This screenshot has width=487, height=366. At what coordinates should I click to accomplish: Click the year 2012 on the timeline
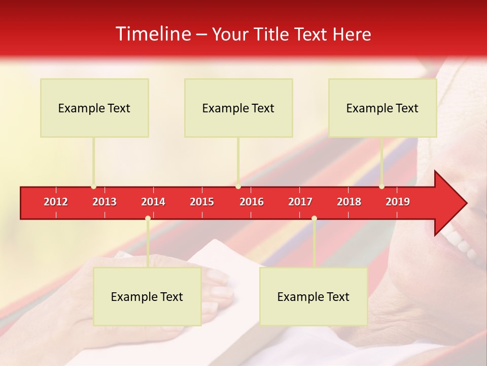[56, 202]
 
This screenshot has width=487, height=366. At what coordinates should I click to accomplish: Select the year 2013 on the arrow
[105, 202]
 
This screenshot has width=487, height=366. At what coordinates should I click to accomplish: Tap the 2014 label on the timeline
[153, 202]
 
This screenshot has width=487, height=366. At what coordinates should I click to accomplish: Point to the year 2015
[202, 202]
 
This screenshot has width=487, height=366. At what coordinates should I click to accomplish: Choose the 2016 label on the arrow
[252, 202]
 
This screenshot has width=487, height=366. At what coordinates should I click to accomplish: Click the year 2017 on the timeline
[300, 202]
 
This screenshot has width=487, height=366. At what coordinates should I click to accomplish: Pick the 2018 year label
[349, 202]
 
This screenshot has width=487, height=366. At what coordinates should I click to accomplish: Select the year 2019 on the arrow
[398, 202]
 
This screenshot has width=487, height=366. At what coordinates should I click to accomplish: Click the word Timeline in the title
[152, 34]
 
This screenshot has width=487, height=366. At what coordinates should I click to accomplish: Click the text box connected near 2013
[94, 108]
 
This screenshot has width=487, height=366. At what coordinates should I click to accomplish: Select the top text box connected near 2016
[238, 108]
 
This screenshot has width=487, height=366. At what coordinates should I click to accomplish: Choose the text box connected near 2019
[382, 108]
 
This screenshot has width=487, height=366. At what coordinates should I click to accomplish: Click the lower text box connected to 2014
[147, 296]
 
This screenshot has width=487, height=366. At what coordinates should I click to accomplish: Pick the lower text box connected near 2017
[314, 296]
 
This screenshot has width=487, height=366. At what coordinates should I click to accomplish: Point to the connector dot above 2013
[94, 187]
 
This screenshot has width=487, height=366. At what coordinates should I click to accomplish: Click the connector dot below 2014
[148, 219]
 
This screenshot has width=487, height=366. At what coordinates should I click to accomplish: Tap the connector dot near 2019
[382, 187]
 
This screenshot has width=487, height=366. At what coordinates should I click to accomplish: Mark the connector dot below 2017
[314, 219]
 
